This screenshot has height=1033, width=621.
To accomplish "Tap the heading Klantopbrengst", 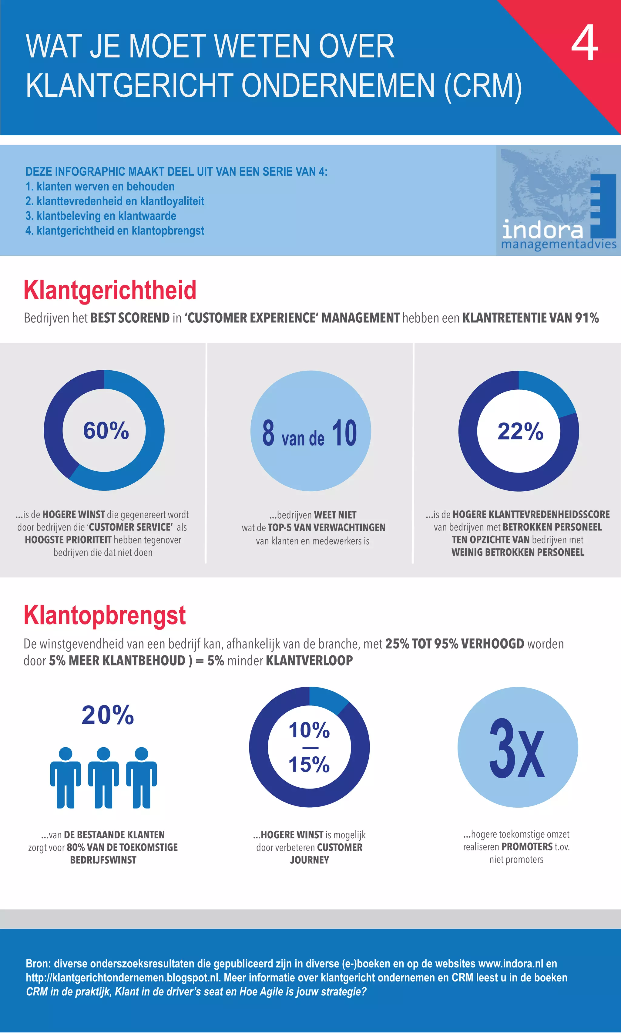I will (x=104, y=615).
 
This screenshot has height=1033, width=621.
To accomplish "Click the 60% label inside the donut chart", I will (x=106, y=430).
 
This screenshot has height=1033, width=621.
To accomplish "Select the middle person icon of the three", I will (x=103, y=778).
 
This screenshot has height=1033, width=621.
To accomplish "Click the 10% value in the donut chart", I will (x=309, y=730).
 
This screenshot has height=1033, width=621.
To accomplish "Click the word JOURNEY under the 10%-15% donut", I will (x=309, y=860).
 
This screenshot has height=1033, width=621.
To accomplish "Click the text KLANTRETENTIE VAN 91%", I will (x=530, y=318).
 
